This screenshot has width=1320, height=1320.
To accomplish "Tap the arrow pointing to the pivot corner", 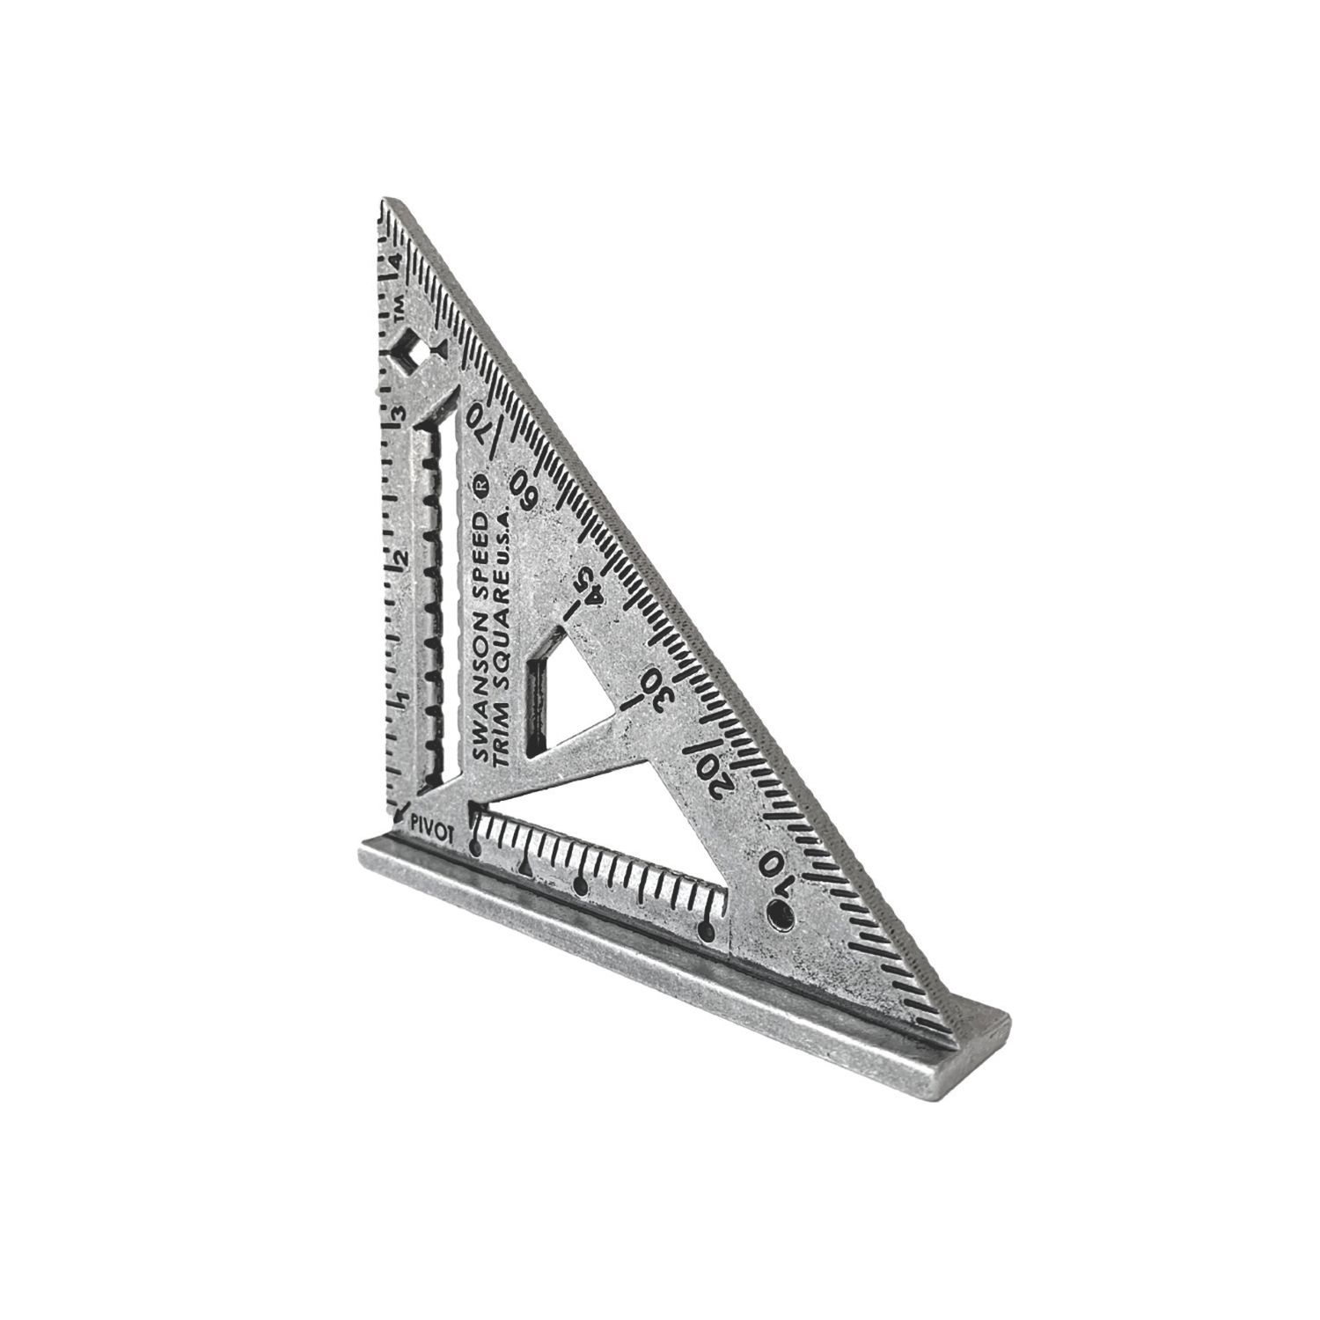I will pos(400,810).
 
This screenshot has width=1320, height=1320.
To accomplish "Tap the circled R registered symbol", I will pos(481,484).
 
